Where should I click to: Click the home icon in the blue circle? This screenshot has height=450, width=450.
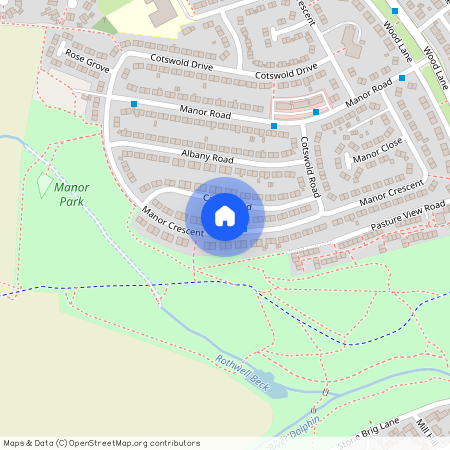click(225, 216)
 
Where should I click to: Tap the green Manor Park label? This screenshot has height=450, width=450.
click(73, 194)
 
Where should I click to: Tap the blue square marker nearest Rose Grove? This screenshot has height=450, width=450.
click(133, 103)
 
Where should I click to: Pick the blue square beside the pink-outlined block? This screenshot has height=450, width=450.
click(316, 112)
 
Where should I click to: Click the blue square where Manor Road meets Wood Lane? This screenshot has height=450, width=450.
click(402, 77)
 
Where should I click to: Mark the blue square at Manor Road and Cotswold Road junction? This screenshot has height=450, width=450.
click(273, 126)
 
